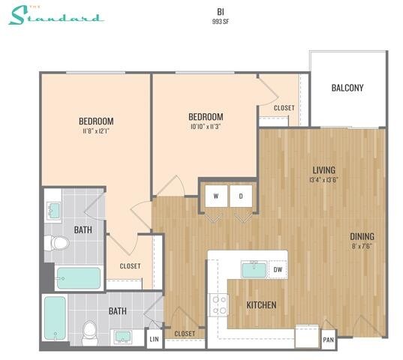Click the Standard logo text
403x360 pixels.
click(56, 16)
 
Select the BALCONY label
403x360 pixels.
click(347, 88)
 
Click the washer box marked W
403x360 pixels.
click(216, 196)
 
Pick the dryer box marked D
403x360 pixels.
click(241, 196)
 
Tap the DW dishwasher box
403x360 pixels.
click(278, 269)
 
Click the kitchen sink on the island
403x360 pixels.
click(252, 268)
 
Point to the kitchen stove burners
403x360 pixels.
click(218, 304)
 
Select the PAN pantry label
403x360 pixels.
click(328, 340)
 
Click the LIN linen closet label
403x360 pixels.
click(155, 340)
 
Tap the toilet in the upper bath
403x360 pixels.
click(58, 243)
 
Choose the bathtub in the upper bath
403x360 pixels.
click(78, 277)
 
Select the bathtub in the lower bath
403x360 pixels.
click(55, 319)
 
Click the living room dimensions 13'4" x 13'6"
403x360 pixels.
click(324, 180)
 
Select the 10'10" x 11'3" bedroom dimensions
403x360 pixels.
click(205, 127)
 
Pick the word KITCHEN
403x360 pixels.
click(262, 305)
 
